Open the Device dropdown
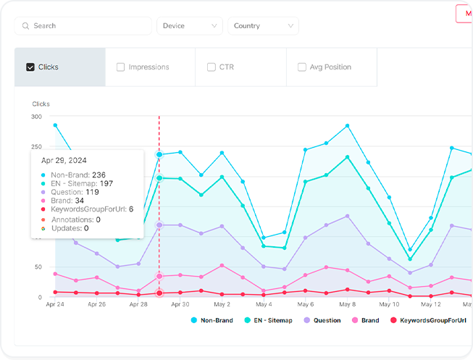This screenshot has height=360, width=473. click(189, 26)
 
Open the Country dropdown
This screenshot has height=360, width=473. click(262, 26)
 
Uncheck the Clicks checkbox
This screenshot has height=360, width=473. click(30, 67)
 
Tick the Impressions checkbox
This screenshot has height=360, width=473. click(121, 67)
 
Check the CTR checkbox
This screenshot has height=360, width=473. click(212, 67)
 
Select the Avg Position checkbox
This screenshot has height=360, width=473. click(302, 67)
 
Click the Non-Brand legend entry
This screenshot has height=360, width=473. click(212, 319)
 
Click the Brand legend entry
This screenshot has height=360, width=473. click(365, 319)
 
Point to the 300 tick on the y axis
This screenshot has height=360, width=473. click(36, 117)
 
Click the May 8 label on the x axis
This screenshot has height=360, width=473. click(348, 305)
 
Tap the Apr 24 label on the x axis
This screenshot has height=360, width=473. click(55, 305)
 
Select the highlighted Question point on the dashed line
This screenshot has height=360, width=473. click(159, 225)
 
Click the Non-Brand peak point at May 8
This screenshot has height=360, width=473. click(348, 125)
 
